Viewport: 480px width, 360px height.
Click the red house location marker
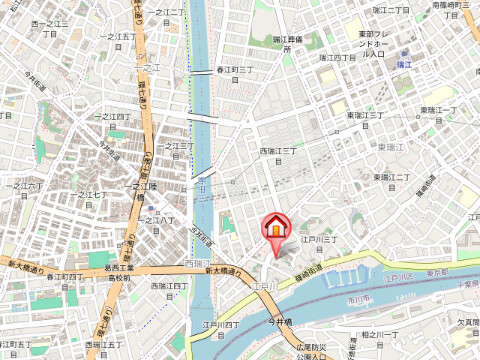click(x=273, y=227)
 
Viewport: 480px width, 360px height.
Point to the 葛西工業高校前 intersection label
click(x=125, y=273)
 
